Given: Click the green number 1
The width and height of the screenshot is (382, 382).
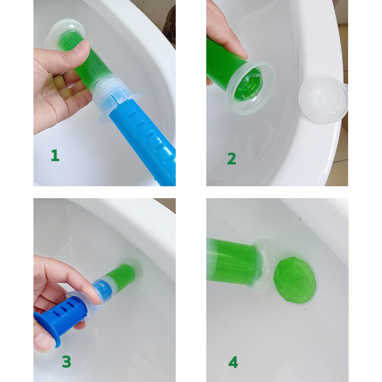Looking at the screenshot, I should (x=55, y=156).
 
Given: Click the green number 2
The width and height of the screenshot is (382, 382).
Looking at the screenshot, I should (x=231, y=159).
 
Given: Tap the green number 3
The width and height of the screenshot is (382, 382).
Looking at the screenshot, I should (x=66, y=361).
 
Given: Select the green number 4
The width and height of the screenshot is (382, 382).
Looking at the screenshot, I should (x=233, y=362).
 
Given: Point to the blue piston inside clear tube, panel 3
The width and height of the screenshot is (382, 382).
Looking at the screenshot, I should (x=102, y=289).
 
